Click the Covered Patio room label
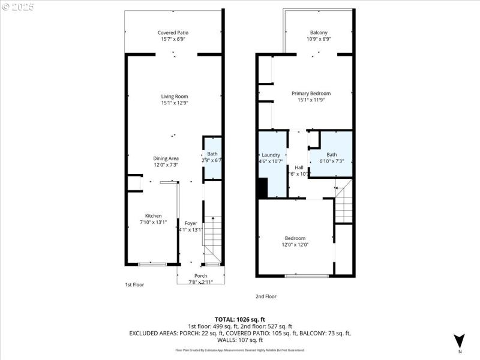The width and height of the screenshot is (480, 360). point(174,33)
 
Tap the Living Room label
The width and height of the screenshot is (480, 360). point(174,97)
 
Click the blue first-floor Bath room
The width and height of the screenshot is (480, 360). point(212,157)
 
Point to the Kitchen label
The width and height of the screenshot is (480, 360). point(153,216)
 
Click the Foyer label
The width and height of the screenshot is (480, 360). point(191,223)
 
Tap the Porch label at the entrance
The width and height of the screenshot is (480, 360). point(200,275)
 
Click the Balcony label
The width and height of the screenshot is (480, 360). point(319,33)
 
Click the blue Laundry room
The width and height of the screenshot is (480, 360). point(271,162)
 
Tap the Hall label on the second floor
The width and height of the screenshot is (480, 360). point(299,167)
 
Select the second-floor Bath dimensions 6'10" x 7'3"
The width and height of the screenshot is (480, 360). point(331,161)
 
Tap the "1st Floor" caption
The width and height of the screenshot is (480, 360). point(134,284)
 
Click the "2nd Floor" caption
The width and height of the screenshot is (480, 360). point(266,296)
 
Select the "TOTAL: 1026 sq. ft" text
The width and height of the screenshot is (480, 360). point(240,319)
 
